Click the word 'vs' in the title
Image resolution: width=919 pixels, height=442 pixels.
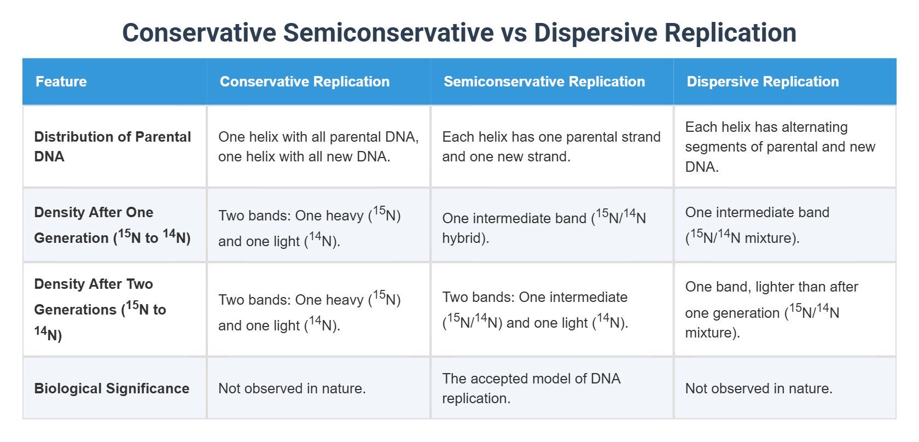(x=514, y=33)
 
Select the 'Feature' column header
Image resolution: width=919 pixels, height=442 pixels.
(x=61, y=82)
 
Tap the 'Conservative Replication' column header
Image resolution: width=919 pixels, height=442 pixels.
(x=304, y=82)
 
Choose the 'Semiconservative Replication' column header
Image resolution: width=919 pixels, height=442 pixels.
(x=544, y=82)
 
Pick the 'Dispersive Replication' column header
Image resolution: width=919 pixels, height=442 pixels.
(x=762, y=82)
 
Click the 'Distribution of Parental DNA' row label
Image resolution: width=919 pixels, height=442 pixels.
(x=112, y=147)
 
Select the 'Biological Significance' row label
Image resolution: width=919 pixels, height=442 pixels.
(x=112, y=388)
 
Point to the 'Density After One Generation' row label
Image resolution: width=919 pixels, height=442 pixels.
(x=112, y=225)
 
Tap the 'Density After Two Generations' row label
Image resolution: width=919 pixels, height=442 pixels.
(x=100, y=310)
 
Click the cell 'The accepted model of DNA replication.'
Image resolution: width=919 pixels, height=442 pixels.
(x=531, y=388)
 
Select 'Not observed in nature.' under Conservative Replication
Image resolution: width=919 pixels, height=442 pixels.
(x=292, y=388)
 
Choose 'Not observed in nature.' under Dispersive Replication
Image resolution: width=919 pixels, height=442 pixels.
(x=758, y=388)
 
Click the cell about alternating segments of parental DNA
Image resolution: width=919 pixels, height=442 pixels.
(x=780, y=147)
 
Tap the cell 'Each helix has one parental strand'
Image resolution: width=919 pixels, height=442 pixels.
(x=551, y=147)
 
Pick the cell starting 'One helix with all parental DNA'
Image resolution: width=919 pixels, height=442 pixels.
(x=318, y=147)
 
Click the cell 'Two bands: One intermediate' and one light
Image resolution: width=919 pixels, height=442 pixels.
(x=534, y=310)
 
